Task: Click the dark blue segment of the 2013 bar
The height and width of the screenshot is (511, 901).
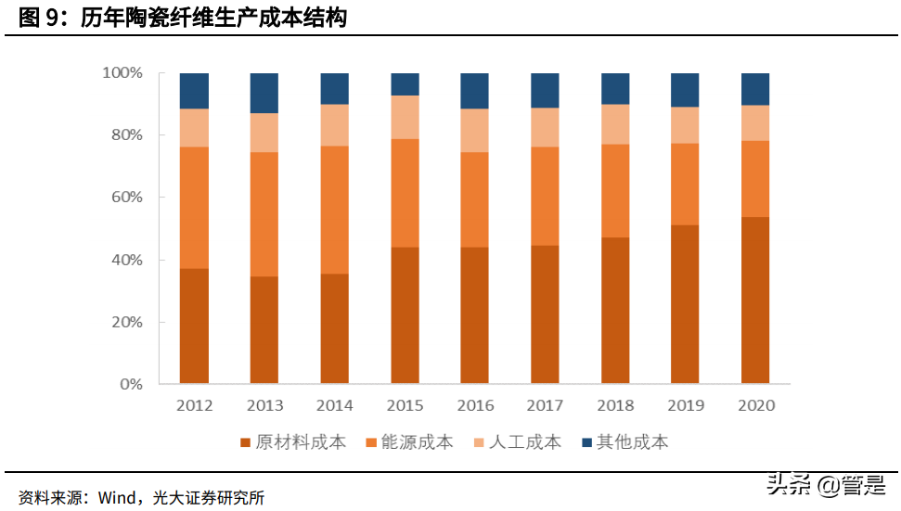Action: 264,93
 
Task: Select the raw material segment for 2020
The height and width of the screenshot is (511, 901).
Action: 755,300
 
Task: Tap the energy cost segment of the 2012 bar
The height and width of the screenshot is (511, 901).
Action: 194,207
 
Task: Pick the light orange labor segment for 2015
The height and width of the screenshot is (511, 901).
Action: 405,117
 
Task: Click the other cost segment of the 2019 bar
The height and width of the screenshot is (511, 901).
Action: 685,90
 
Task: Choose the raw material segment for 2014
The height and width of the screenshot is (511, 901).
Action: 334,328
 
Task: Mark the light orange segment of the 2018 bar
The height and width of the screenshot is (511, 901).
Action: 615,124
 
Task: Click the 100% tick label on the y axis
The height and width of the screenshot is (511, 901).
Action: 122,72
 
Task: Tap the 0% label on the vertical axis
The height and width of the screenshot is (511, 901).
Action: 130,384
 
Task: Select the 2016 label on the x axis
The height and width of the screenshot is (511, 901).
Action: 475,405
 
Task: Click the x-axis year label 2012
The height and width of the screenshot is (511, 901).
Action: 194,405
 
